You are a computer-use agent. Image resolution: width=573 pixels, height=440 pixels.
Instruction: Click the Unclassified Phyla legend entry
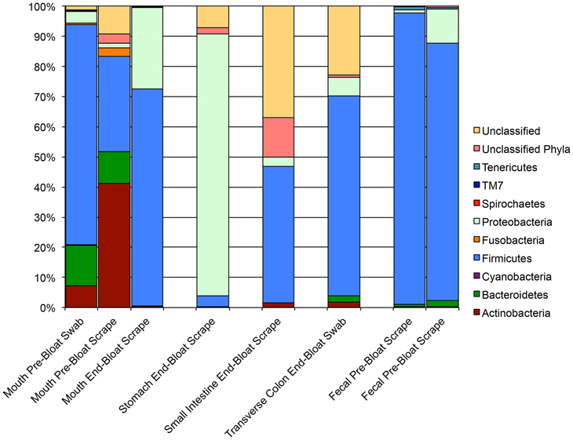[529, 148]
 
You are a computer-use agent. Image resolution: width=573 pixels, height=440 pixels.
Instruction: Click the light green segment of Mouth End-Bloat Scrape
[147, 48]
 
